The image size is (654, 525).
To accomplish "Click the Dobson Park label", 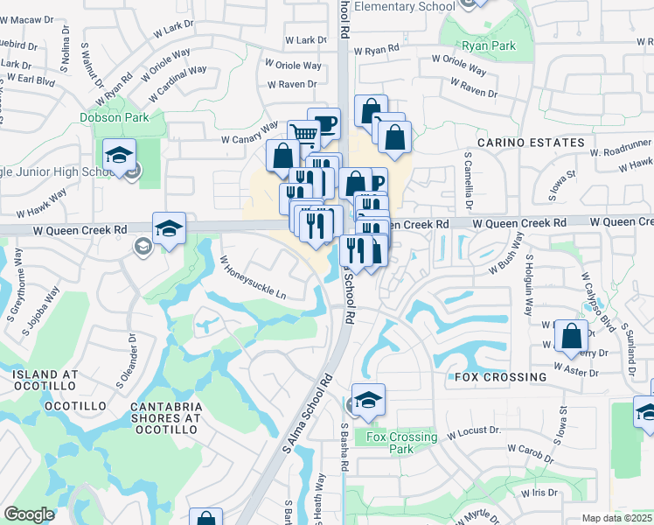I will tap(114, 117).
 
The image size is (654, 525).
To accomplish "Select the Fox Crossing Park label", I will tap(401, 443).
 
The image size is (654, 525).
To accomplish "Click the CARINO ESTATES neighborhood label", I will tap(531, 143).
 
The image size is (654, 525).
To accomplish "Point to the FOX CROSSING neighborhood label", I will tap(501, 377).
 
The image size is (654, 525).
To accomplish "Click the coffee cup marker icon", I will tap(324, 123).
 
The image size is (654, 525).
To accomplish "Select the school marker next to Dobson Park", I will tap(119, 156).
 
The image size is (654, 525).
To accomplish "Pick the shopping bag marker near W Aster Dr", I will tap(571, 336).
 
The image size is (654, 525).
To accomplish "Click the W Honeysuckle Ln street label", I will tap(253, 277).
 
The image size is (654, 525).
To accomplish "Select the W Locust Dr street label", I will tap(473, 431).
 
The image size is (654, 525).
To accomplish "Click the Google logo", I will tap(29, 514).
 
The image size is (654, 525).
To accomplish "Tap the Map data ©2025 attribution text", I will tap(616, 518).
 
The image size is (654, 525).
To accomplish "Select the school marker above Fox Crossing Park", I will tap(368, 399).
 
